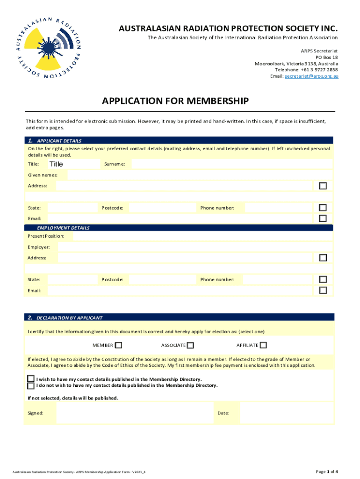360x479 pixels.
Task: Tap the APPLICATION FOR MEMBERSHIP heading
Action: click(x=175, y=101)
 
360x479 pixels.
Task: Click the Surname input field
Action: click(x=231, y=164)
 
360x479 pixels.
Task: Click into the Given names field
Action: click(x=200, y=175)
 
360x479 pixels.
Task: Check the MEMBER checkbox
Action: click(x=119, y=345)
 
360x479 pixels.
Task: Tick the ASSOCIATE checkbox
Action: click(x=191, y=345)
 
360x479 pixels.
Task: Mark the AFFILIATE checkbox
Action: click(x=263, y=345)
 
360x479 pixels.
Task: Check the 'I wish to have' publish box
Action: click(x=31, y=378)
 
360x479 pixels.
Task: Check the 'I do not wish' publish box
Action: click(x=31, y=385)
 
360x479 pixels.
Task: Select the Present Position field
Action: click(x=203, y=236)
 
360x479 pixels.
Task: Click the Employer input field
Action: click(x=195, y=247)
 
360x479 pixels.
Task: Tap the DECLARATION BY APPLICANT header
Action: click(x=69, y=318)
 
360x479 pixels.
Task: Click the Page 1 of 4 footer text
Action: click(x=327, y=471)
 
